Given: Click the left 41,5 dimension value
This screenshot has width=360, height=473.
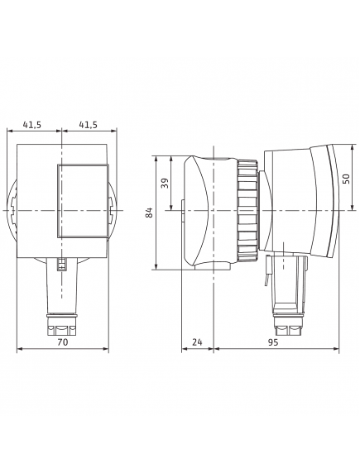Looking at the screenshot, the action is [x=32, y=125].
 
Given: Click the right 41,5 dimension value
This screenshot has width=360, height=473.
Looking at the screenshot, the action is [x=89, y=125].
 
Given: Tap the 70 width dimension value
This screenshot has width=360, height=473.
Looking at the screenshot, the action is [x=63, y=342].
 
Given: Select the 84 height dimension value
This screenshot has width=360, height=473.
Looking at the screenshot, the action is [x=150, y=213].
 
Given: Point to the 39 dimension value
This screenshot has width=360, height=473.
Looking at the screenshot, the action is [x=166, y=183].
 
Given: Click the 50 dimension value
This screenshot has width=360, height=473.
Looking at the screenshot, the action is [x=347, y=179].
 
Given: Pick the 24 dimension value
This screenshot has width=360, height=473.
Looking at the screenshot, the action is [x=197, y=342].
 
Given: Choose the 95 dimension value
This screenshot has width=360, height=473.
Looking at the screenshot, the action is [x=272, y=342].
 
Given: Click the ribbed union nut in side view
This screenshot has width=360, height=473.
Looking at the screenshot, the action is [x=247, y=210].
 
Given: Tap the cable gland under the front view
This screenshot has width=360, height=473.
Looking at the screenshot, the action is [x=62, y=325].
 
